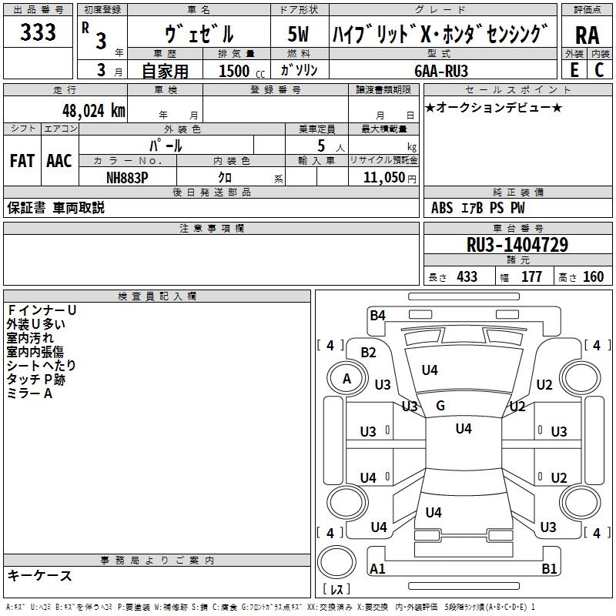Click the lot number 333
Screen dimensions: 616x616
(x=38, y=32)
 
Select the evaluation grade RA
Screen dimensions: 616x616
(x=587, y=35)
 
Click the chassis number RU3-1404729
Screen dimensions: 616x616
(x=517, y=245)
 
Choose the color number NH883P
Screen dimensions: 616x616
(x=128, y=176)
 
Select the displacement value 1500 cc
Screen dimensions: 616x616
(x=234, y=71)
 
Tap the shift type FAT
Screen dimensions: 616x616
(x=22, y=161)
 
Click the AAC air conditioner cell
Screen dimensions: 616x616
(x=59, y=161)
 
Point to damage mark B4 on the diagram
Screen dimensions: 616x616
(x=377, y=315)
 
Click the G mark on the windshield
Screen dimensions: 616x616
(x=440, y=406)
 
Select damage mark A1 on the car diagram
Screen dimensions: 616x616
(x=377, y=569)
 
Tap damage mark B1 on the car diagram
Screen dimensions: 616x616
(x=549, y=569)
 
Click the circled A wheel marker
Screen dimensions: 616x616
(x=346, y=378)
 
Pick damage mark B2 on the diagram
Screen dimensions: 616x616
(x=369, y=353)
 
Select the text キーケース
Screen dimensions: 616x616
(x=40, y=575)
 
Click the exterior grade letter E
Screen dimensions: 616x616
(x=574, y=70)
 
